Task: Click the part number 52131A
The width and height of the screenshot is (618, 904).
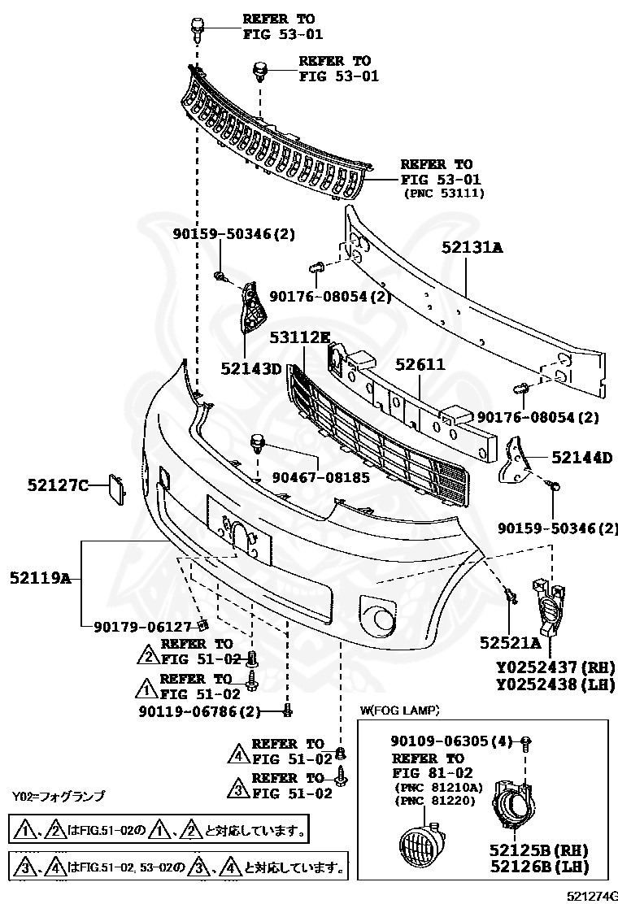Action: pos(472,248)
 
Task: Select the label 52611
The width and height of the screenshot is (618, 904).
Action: pos(420,364)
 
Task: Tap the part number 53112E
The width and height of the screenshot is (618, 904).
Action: pos(300,337)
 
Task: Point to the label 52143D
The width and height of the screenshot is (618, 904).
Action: pos(250,368)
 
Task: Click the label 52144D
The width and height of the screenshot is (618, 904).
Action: pos(581,458)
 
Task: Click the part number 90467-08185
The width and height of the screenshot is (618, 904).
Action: pos(320,478)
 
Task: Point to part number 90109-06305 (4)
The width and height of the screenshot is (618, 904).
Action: pos(452,741)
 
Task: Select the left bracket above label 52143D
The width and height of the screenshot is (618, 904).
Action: pos(252,312)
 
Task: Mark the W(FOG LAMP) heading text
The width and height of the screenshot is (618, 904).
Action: pos(399,710)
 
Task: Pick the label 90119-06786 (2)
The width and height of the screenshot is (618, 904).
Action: pos(199,712)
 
